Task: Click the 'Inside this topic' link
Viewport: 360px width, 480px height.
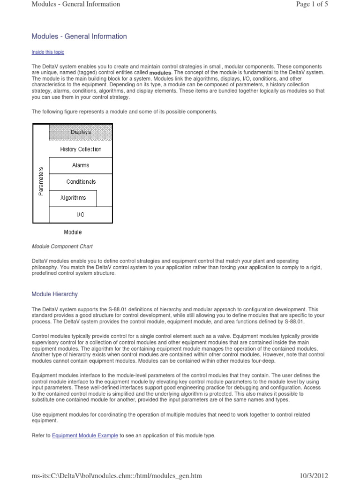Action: pos(47,52)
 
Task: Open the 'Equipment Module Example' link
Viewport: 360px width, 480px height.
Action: pos(85,435)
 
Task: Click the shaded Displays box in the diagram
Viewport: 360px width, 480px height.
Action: pos(81,132)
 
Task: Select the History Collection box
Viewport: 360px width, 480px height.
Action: pos(81,149)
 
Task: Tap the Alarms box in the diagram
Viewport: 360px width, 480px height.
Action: pos(81,165)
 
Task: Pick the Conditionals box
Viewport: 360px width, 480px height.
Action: pos(81,182)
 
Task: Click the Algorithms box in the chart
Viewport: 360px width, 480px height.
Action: pos(73,198)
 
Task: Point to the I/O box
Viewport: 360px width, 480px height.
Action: pos(81,214)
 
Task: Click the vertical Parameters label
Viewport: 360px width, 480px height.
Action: pos(41,180)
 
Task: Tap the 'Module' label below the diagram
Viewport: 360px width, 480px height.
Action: pos(73,232)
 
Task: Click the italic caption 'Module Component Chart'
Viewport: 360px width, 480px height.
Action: pos(62,246)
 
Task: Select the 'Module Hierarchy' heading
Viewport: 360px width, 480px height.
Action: pos(54,294)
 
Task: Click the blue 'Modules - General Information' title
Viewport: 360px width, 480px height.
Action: pos(79,36)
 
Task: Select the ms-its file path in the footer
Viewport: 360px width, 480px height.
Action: pos(116,475)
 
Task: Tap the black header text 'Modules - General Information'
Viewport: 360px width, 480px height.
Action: pos(75,4)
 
